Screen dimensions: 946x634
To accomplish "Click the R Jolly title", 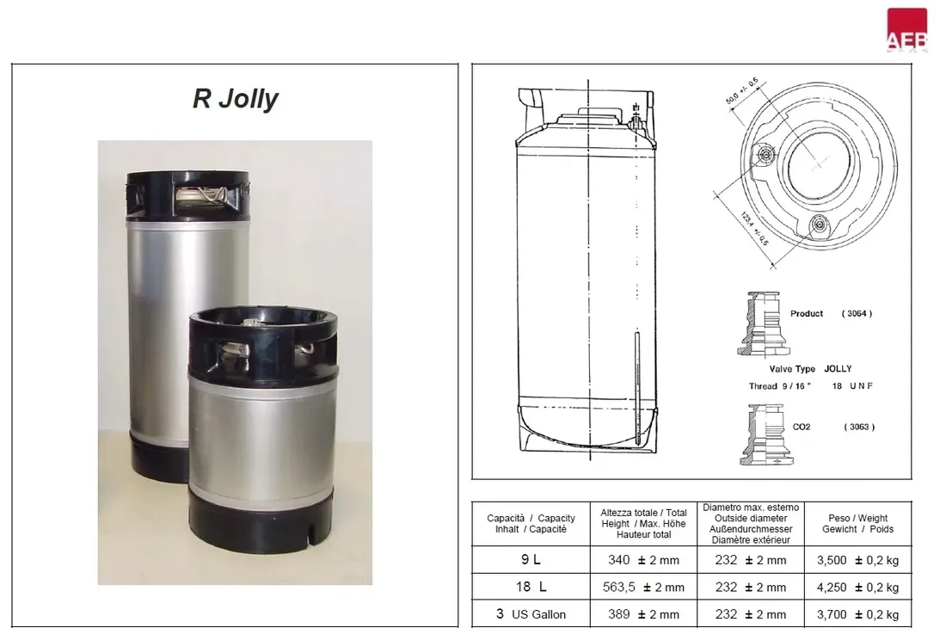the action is pyautogui.click(x=236, y=99).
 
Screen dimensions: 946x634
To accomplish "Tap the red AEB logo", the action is pyautogui.click(x=906, y=29).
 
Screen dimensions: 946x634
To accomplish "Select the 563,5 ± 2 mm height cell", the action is pyautogui.click(x=643, y=587).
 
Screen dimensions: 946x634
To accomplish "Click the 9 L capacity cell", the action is pyautogui.click(x=531, y=560).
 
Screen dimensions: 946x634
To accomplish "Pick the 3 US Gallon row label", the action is pyautogui.click(x=531, y=614).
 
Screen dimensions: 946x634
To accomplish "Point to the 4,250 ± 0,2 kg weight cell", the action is pyautogui.click(x=858, y=587).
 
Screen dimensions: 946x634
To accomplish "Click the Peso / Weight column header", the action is pyautogui.click(x=858, y=524).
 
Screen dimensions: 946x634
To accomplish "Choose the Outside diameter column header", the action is pyautogui.click(x=751, y=524).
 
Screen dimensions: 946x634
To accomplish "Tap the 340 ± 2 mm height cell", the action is pyautogui.click(x=643, y=560).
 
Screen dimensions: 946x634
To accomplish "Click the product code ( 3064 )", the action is pyautogui.click(x=857, y=314).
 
